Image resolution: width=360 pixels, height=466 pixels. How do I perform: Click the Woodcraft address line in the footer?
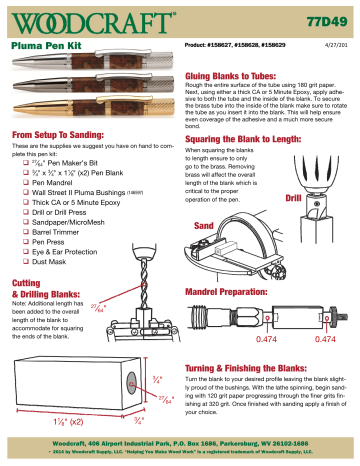pyautogui.click(x=180, y=441)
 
